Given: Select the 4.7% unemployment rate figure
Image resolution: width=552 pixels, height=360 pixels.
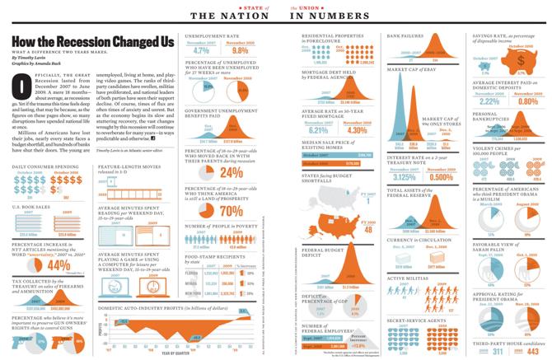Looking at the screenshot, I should [x=201, y=50].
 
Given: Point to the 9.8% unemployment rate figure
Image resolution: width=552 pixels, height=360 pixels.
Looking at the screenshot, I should [x=241, y=50].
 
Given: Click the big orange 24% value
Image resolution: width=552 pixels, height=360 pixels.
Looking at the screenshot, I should [x=232, y=173].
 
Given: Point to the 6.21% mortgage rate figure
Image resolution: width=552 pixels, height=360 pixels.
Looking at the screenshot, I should [x=318, y=129].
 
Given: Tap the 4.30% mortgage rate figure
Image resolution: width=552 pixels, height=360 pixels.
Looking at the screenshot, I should [x=357, y=129].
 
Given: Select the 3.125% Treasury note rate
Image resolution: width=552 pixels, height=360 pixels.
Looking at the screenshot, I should [x=404, y=176].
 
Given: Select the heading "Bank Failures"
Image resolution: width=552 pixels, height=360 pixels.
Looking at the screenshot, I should [x=405, y=36].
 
